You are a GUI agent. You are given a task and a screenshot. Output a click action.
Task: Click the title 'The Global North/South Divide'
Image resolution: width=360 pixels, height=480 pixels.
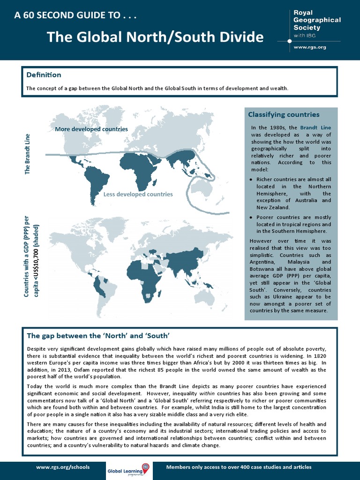155,37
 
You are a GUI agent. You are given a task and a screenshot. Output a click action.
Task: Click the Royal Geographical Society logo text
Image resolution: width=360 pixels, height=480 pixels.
316,20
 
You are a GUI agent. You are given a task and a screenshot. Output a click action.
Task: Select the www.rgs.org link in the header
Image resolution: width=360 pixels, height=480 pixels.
309,47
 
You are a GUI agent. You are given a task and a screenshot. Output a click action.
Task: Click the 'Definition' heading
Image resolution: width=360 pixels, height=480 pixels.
44,75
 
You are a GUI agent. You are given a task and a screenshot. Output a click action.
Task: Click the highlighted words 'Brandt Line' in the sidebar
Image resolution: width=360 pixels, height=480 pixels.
315,127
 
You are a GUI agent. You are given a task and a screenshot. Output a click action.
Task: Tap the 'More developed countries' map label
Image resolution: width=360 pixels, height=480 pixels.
91,129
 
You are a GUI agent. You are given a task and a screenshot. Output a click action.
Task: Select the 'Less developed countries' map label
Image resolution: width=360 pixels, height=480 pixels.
138,194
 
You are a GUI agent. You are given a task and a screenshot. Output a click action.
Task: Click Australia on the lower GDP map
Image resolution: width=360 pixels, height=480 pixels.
203,297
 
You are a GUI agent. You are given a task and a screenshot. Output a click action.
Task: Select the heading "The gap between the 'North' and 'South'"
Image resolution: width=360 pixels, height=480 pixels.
97,336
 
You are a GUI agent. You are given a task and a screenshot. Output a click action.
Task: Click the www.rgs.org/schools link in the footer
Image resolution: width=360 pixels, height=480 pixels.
63,467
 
